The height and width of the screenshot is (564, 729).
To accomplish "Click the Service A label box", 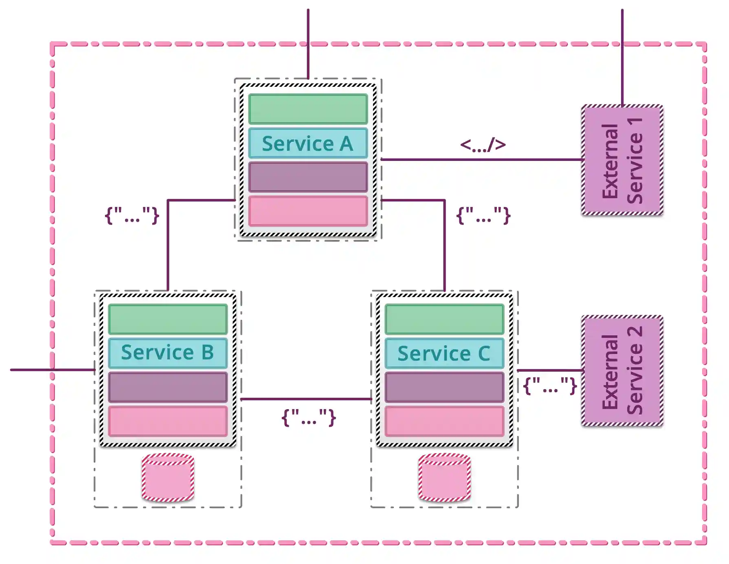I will click(308, 143).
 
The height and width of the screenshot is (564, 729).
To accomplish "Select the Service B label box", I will click(168, 353).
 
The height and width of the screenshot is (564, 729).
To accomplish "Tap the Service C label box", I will click(444, 353).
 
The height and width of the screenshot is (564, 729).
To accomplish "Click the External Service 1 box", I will click(622, 160).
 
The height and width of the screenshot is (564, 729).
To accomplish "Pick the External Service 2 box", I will click(622, 371).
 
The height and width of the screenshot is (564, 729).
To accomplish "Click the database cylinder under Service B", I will click(168, 477).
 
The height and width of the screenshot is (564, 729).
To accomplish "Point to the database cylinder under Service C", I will click(444, 477).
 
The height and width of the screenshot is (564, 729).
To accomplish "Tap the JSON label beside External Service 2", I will click(550, 386).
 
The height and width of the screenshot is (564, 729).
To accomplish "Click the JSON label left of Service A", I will click(132, 215).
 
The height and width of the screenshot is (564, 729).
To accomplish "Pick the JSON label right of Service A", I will click(483, 215).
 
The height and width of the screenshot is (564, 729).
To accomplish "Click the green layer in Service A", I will click(308, 109).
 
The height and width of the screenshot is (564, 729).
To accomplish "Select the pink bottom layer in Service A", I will click(308, 211).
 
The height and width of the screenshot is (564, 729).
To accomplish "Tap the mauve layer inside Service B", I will click(168, 387).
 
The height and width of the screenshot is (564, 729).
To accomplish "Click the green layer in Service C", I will click(444, 319).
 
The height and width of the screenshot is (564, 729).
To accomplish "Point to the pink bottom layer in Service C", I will click(444, 421).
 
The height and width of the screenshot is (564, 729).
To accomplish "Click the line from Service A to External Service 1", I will click(481, 160).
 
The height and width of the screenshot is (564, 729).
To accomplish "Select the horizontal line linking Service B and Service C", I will click(305, 399).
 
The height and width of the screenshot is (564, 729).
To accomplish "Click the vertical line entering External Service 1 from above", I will click(622, 57).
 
